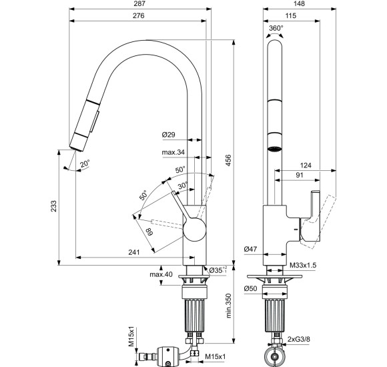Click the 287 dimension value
(140, 4)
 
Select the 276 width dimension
(139, 16)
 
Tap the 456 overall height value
(229, 160)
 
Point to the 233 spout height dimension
(54, 206)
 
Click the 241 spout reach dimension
(134, 252)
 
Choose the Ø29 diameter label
(169, 135)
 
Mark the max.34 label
(173, 152)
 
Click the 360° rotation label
(276, 28)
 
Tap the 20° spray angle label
(85, 163)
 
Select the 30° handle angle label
(183, 186)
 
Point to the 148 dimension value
(300, 4)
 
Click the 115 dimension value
(291, 16)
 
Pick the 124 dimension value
(306, 165)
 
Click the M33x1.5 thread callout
(303, 266)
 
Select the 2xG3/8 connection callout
(299, 340)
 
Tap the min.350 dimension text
(229, 306)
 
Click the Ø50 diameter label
(250, 288)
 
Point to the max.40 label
(161, 274)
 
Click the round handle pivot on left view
(194, 230)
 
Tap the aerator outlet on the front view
(275, 149)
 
